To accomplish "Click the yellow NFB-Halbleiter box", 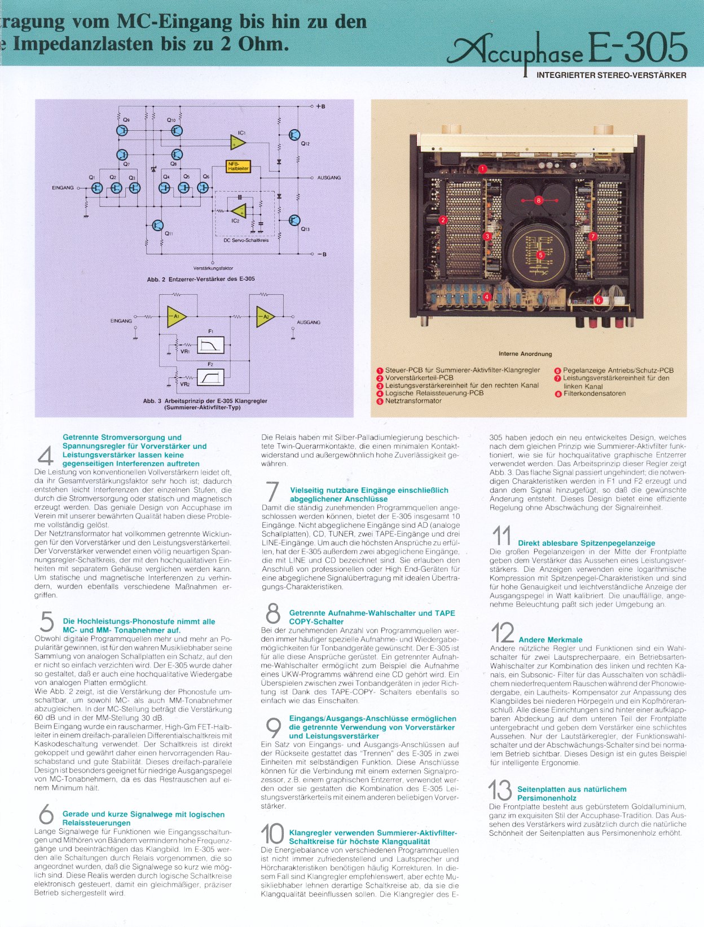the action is pyautogui.click(x=238, y=166).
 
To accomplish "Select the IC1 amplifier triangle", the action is pyautogui.click(x=238, y=143).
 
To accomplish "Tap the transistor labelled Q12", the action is pyautogui.click(x=294, y=135).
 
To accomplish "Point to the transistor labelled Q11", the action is pyautogui.click(x=157, y=226).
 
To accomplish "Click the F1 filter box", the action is pyautogui.click(x=210, y=345).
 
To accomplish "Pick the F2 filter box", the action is pyautogui.click(x=210, y=377).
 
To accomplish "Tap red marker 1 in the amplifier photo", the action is pyautogui.click(x=483, y=168).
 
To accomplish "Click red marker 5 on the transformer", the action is pyautogui.click(x=540, y=255).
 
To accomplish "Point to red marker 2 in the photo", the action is pyautogui.click(x=443, y=220).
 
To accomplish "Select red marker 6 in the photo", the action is pyautogui.click(x=599, y=300).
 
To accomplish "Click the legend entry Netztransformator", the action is pyautogui.click(x=413, y=401).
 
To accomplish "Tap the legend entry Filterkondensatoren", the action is pyautogui.click(x=594, y=394).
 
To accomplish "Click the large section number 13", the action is pyautogui.click(x=500, y=790).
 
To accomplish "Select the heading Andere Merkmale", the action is pyautogui.click(x=550, y=639).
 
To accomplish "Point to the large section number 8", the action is pyautogui.click(x=273, y=614).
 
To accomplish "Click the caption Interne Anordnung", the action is pyautogui.click(x=525, y=354).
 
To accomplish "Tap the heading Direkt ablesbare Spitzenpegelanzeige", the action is pyautogui.click(x=586, y=543).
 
